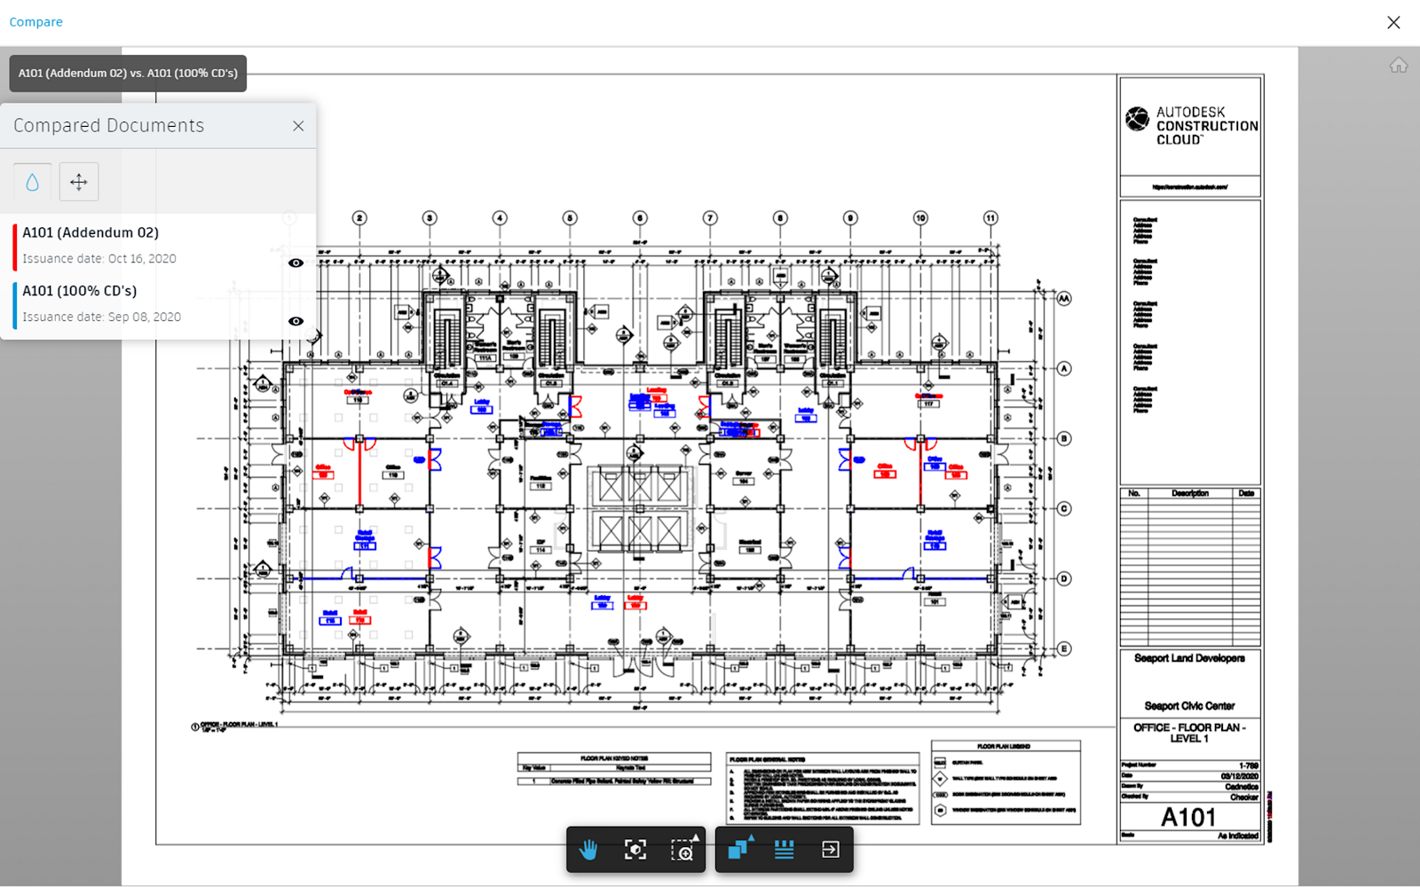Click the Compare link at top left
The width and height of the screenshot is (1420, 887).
pos(35,22)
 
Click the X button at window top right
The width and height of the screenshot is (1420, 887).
pos(1393,22)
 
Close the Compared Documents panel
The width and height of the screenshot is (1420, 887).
pos(298,126)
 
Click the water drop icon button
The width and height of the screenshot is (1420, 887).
pos(33,182)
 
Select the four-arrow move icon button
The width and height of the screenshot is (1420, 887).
pos(79,182)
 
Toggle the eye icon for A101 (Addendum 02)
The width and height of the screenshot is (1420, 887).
pos(296,263)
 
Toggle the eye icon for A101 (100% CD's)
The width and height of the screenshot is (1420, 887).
pos(296,321)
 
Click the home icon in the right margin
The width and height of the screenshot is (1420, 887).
pos(1399,66)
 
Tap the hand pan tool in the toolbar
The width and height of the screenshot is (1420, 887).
pos(588,850)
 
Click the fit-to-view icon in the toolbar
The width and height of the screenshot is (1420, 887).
pos(635,850)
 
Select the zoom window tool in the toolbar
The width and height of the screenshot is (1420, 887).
pos(682,850)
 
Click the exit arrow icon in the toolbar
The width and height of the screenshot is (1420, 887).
pos(830,850)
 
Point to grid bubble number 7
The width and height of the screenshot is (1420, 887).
pos(710,218)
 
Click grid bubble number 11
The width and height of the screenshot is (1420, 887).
pos(990,218)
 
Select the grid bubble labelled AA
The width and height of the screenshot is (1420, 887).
pos(1064,299)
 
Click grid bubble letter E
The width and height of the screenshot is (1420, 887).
pos(1064,648)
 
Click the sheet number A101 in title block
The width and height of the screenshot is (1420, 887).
pos(1188,817)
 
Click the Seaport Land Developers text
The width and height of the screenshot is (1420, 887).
pos(1189,658)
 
